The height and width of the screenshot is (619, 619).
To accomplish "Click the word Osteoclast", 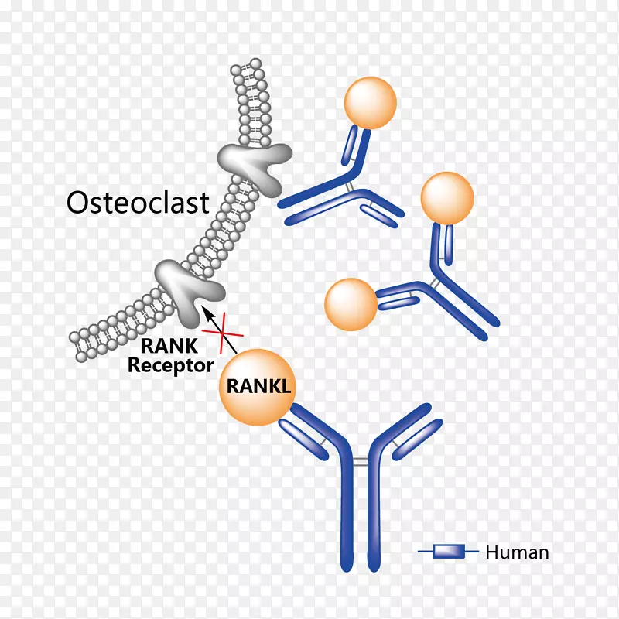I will click(138, 203).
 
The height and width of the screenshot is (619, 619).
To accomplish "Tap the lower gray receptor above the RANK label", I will click(189, 291).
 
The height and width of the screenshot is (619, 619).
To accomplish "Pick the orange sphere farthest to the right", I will click(446, 197).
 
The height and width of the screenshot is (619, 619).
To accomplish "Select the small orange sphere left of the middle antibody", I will click(351, 303).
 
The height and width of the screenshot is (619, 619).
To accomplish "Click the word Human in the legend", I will click(517, 552).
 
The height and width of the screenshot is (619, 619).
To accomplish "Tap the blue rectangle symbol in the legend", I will click(448, 552).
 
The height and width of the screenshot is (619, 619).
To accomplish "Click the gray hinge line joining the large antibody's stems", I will click(360, 462).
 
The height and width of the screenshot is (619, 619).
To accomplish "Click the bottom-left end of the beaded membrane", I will click(77, 337).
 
